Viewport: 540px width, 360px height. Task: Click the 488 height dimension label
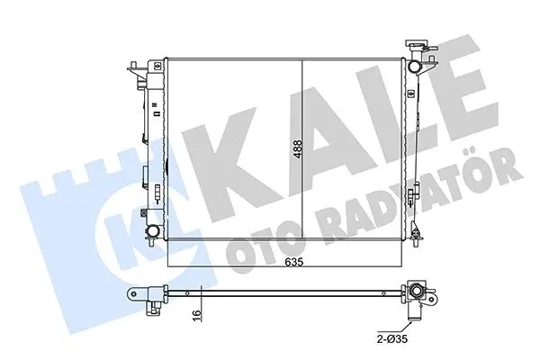(x=298, y=148)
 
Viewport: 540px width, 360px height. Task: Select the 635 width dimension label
(x=293, y=262)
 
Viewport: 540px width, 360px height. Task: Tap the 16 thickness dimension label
(x=196, y=314)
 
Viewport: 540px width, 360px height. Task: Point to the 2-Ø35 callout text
(x=391, y=338)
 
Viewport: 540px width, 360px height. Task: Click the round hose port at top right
(x=413, y=66)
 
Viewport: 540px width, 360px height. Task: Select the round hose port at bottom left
(x=153, y=229)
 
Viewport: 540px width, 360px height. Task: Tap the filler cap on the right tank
(x=417, y=44)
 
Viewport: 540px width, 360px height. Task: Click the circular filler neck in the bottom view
(x=417, y=292)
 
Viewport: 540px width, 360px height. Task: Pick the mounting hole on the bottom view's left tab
(x=133, y=293)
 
